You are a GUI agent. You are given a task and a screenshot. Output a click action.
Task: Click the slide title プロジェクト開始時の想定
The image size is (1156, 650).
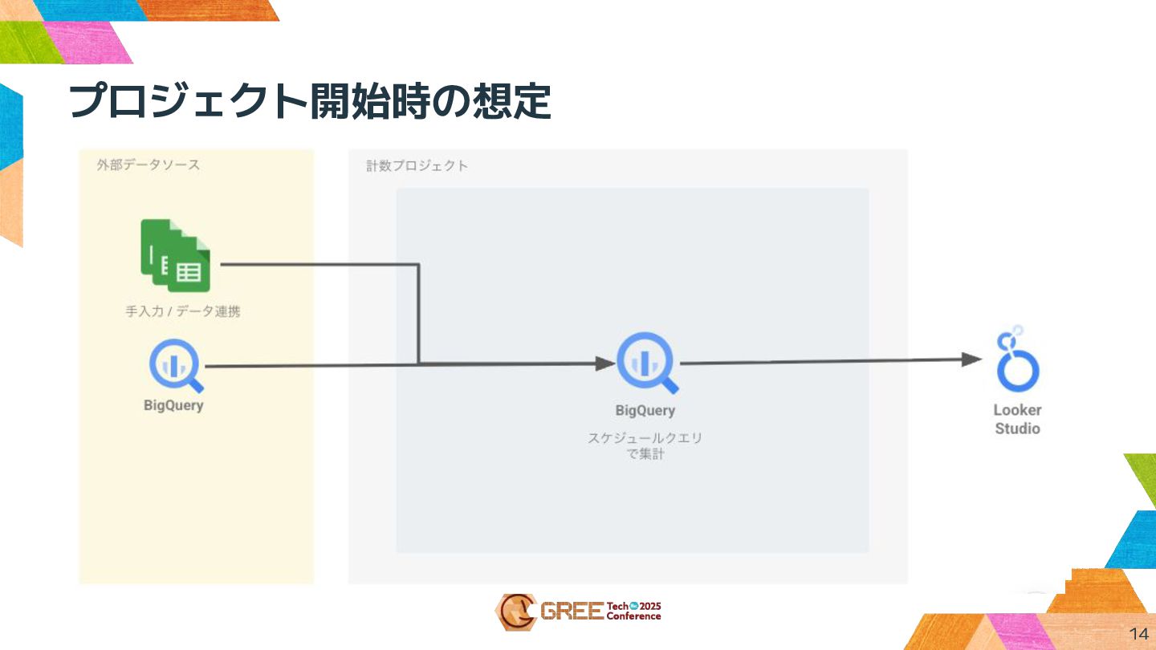pos(309,102)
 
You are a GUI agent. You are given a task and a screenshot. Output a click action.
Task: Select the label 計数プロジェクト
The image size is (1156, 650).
pos(417,166)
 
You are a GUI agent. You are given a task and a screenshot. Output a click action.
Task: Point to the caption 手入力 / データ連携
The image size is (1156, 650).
pos(182,311)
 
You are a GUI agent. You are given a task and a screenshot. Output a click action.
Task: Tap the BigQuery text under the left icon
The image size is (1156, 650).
pos(173,405)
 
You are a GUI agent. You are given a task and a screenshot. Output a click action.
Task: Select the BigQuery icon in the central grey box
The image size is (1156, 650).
pos(645,363)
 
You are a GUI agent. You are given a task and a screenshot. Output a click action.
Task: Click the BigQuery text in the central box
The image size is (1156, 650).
pos(645,411)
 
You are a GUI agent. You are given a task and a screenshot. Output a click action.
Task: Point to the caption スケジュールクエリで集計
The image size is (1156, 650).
pos(645,446)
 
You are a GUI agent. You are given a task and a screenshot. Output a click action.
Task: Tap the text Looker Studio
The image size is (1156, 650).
pos(1017,419)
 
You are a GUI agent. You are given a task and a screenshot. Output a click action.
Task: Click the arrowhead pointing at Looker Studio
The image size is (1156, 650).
pos(972,360)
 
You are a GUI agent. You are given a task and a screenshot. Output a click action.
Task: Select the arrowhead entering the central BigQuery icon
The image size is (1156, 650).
pos(605,364)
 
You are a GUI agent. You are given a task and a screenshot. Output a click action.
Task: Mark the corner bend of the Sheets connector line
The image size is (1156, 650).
pos(418,265)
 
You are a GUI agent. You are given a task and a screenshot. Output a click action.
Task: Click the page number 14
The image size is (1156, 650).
pos(1138,631)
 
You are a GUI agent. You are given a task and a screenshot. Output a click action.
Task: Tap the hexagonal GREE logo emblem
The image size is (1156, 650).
pos(515,611)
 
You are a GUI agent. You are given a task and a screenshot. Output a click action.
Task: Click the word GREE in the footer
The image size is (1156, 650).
pos(572,612)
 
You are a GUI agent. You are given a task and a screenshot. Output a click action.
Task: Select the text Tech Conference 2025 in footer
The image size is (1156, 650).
pos(634,611)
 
